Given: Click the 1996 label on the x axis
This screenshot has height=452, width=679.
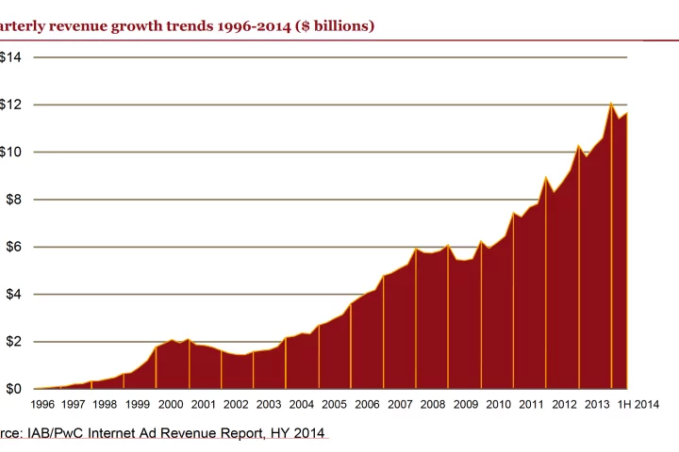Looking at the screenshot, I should click(x=41, y=404).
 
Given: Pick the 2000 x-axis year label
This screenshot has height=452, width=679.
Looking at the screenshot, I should click(x=171, y=404).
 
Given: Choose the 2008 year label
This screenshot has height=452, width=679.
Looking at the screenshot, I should click(x=434, y=404).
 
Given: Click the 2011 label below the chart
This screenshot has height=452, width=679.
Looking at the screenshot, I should click(x=532, y=404).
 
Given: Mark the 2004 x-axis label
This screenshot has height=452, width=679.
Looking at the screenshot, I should click(x=302, y=404).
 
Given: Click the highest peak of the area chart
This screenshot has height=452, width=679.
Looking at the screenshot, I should click(x=611, y=103).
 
